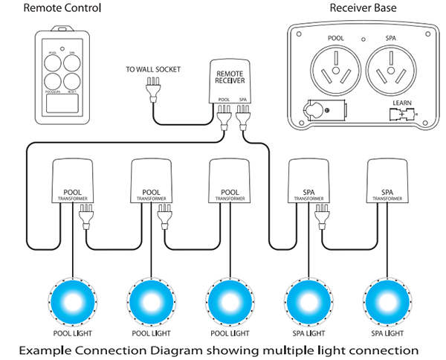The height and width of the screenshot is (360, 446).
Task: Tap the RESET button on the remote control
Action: tap(71, 82)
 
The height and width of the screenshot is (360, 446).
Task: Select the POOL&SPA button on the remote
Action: tap(51, 82)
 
